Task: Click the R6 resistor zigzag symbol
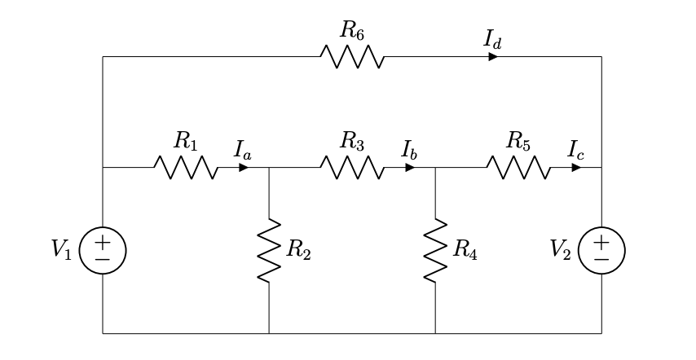point(351,57)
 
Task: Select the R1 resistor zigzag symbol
point(185,168)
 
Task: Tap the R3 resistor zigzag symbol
point(351,168)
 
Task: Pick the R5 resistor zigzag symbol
point(518,168)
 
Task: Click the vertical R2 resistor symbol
point(269,250)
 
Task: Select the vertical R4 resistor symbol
point(435,250)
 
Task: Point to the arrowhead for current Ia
point(244,168)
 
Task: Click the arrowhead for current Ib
point(410,168)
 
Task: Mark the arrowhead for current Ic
point(576,168)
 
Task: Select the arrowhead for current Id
point(493,57)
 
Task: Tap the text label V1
point(63,250)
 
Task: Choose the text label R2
point(298,251)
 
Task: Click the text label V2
point(562,250)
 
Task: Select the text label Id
point(492,38)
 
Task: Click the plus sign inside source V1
point(103,242)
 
